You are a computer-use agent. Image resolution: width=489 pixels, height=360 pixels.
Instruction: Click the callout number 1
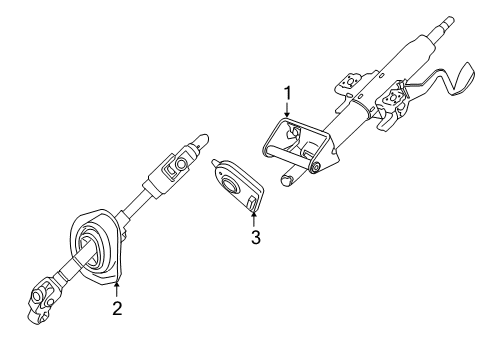[x=287, y=93]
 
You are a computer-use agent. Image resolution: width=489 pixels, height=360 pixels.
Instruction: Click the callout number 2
[x=117, y=309]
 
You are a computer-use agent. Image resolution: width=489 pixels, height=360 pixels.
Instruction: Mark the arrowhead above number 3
[x=255, y=212]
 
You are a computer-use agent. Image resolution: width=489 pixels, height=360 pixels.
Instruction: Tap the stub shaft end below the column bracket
[x=287, y=181]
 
